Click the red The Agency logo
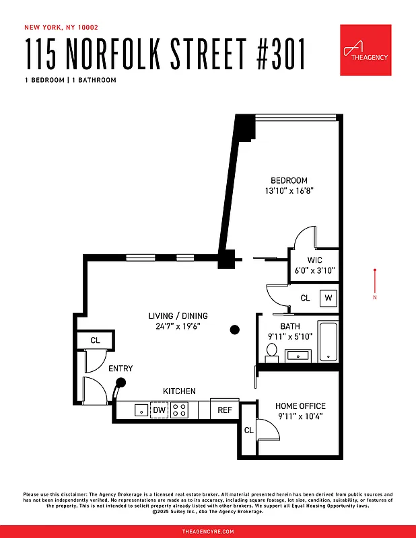pyautogui.click(x=366, y=50)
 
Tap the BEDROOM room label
pyautogui.click(x=289, y=180)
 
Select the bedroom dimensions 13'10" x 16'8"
pyautogui.click(x=289, y=191)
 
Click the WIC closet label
pyautogui.click(x=314, y=260)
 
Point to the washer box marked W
pyautogui.click(x=328, y=297)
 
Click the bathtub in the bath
pyautogui.click(x=328, y=342)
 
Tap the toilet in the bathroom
pyautogui.click(x=272, y=350)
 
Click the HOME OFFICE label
pyautogui.click(x=300, y=406)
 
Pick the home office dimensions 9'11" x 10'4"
pyautogui.click(x=300, y=416)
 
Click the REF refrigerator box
pyautogui.click(x=224, y=410)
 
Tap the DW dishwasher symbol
pyautogui.click(x=159, y=410)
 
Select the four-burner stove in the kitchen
pyautogui.click(x=179, y=410)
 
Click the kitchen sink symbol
pyautogui.click(x=141, y=410)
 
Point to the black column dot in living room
pyautogui.click(x=234, y=330)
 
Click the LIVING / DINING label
pyautogui.click(x=178, y=316)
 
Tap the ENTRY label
pyautogui.click(x=120, y=369)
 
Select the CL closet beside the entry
pyautogui.click(x=95, y=340)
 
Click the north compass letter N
pyautogui.click(x=375, y=297)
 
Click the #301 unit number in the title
pyautogui.click(x=273, y=54)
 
